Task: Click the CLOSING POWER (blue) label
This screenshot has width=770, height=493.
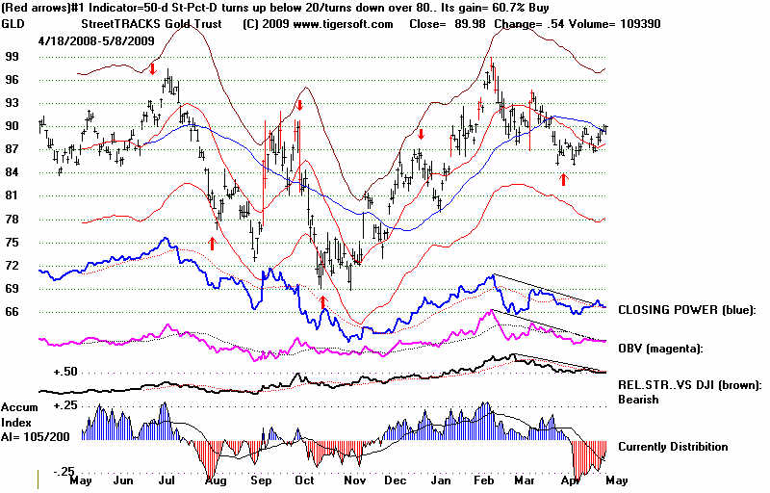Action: (x=686, y=310)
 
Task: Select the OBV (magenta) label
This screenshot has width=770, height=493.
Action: (x=661, y=347)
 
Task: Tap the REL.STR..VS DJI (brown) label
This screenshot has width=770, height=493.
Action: (x=689, y=385)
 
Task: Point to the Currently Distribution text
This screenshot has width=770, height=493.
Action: (x=673, y=447)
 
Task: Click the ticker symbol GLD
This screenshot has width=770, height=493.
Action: (x=13, y=24)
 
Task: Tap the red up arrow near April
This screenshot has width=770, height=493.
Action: (x=563, y=179)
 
